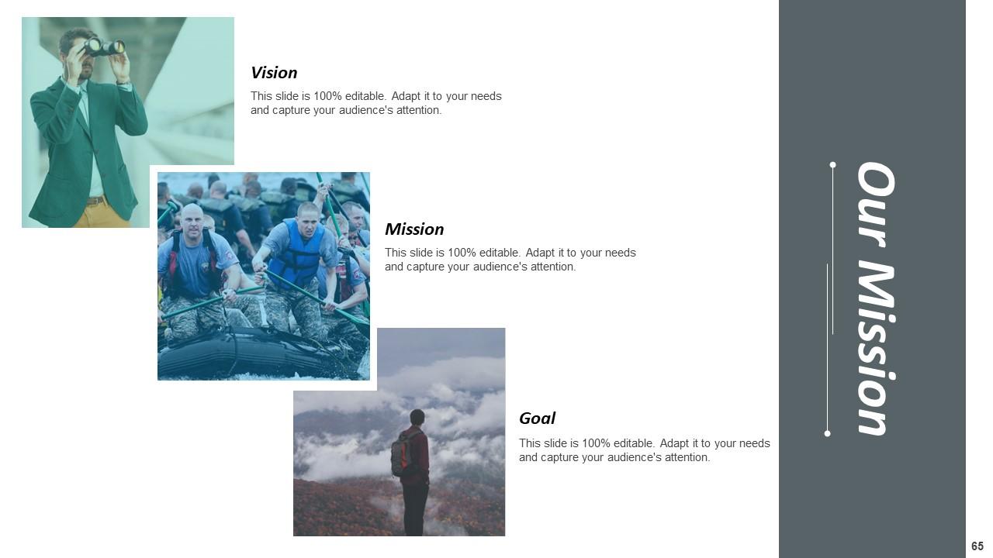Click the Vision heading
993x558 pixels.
click(x=274, y=73)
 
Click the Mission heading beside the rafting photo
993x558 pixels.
click(x=414, y=229)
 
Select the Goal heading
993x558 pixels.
click(x=537, y=418)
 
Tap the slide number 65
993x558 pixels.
click(x=977, y=546)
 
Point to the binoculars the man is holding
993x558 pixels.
click(x=104, y=47)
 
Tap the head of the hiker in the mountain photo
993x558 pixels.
click(x=417, y=417)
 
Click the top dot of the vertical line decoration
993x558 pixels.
click(x=832, y=165)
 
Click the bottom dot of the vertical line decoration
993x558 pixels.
click(x=827, y=433)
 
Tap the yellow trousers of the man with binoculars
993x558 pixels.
click(x=101, y=215)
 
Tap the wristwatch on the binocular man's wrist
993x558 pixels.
click(x=122, y=81)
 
